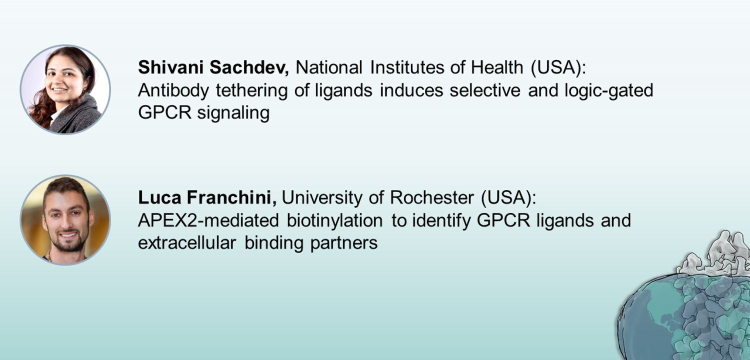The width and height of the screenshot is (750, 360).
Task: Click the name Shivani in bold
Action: point(170,67)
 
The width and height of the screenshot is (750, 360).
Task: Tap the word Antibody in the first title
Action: point(173,90)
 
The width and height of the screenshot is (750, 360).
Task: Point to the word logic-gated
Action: point(608,90)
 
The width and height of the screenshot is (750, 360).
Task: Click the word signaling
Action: point(233,113)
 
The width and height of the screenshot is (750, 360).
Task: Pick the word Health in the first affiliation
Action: point(497,67)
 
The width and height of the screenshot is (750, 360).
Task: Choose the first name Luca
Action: point(159,197)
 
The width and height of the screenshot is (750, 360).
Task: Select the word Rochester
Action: point(432,197)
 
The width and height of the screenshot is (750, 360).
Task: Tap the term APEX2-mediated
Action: point(208,220)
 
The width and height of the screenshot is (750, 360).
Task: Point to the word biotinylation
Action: point(334,220)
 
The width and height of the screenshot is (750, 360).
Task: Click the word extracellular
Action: point(187,243)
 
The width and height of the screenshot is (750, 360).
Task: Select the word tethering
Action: point(251,90)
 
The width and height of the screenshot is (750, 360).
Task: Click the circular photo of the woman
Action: point(65,89)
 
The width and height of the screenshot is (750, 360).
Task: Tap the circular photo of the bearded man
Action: point(65,219)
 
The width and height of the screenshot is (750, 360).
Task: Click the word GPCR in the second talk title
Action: point(503,220)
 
